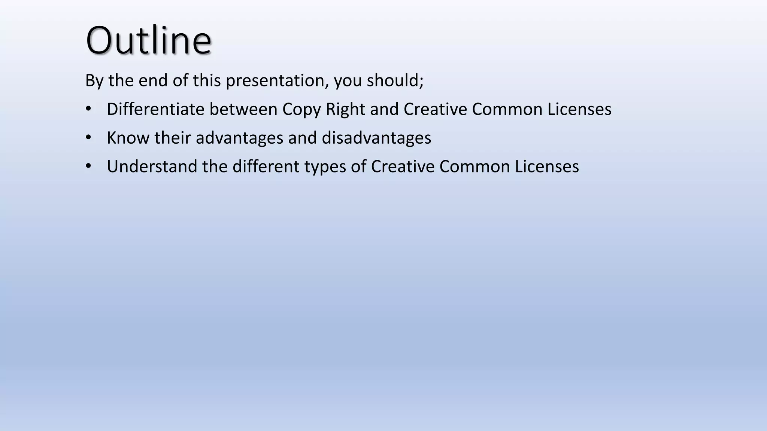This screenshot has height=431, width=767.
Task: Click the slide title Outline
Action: tap(149, 40)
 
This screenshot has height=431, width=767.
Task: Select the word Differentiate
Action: tap(155, 109)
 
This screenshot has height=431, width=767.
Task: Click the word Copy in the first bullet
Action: tap(301, 109)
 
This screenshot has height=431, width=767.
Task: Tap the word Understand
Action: tap(152, 166)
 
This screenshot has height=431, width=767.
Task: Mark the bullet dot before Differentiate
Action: tap(88, 109)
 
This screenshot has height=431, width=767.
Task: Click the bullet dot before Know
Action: tap(88, 138)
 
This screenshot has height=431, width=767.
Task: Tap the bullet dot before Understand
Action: tap(88, 166)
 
